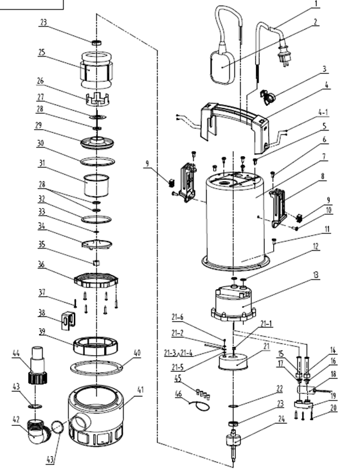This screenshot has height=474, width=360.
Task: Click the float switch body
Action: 222,67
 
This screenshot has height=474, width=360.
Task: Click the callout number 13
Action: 316,275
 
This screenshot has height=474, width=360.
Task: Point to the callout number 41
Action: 140,390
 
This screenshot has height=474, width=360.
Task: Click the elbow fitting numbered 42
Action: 39,431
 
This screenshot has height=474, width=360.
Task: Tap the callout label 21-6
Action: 177,317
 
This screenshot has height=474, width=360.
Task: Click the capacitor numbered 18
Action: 307,390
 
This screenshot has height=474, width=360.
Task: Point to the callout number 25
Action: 41,52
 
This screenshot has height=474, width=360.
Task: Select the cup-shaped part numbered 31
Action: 96,185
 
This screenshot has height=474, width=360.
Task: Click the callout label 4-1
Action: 323,112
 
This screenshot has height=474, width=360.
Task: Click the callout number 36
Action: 41,265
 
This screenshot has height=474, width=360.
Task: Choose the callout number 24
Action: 282,419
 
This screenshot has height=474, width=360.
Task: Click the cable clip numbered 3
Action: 267,97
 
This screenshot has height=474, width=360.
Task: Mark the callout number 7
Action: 324,157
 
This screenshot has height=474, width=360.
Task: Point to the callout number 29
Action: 38,125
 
